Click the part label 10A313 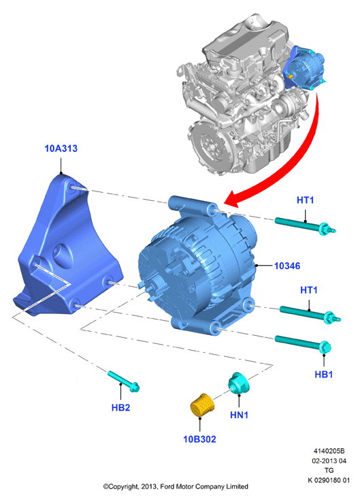tap(61, 149)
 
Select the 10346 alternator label tap(287, 266)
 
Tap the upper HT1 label tap(305, 200)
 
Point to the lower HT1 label tap(309, 290)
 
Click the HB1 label tap(324, 374)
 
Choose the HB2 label tap(120, 407)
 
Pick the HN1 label tap(239, 415)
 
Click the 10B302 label tap(200, 439)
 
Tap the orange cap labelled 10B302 tap(201, 405)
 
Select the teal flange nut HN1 tap(239, 382)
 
